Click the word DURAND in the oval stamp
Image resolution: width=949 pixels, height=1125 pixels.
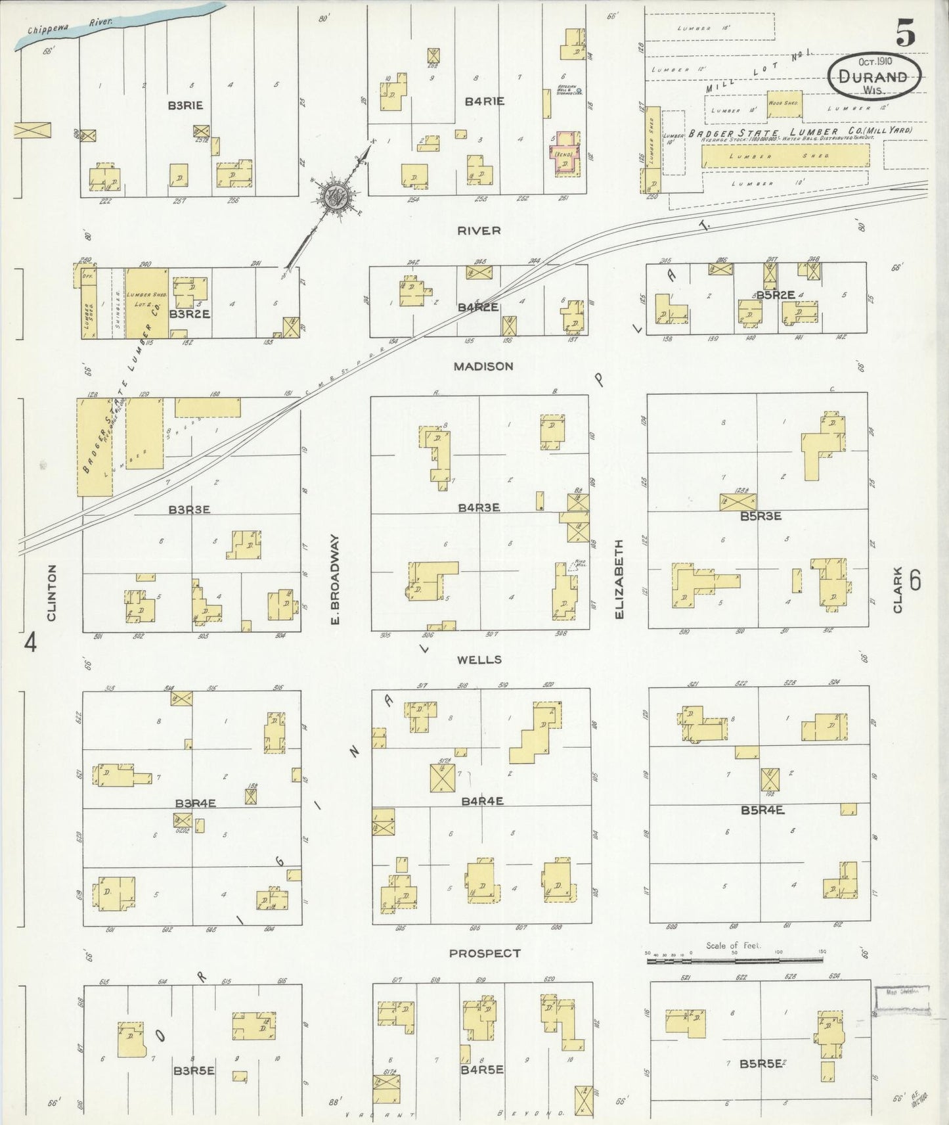click(873, 76)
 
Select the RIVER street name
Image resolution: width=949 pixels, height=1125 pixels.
click(479, 231)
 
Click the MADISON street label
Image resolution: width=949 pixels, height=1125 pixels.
click(483, 366)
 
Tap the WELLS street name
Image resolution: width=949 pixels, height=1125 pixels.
click(480, 659)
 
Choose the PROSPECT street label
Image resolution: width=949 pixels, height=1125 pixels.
click(485, 953)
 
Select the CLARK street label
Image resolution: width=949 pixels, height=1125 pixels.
click(897, 589)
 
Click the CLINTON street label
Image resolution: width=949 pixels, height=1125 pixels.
click(52, 593)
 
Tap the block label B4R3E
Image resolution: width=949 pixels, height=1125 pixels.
click(479, 507)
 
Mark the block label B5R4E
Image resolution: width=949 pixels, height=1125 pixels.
click(762, 810)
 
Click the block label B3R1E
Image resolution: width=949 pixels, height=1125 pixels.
click(185, 104)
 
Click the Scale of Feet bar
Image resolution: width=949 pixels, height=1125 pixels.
click(734, 960)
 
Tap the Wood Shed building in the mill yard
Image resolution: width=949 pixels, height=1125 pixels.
click(784, 104)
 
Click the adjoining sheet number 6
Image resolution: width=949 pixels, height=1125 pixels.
click(916, 580)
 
